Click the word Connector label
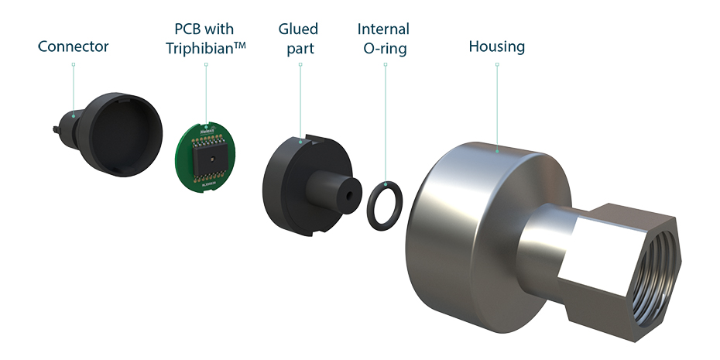click(x=74, y=47)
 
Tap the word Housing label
click(x=496, y=47)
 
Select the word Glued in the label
click(x=298, y=29)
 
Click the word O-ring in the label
click(x=383, y=48)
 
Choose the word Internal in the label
click(x=383, y=29)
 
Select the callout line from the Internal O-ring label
click(x=385, y=124)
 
